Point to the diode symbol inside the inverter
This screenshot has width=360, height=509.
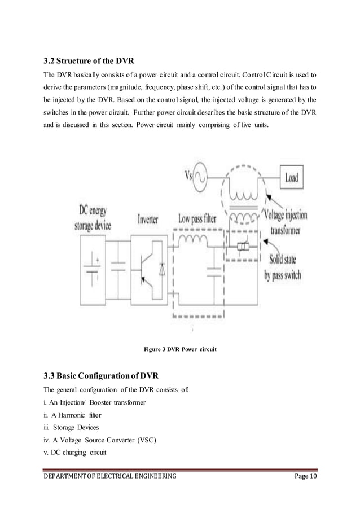pos(163,269)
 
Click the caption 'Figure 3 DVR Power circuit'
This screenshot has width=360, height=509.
pos(181,350)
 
